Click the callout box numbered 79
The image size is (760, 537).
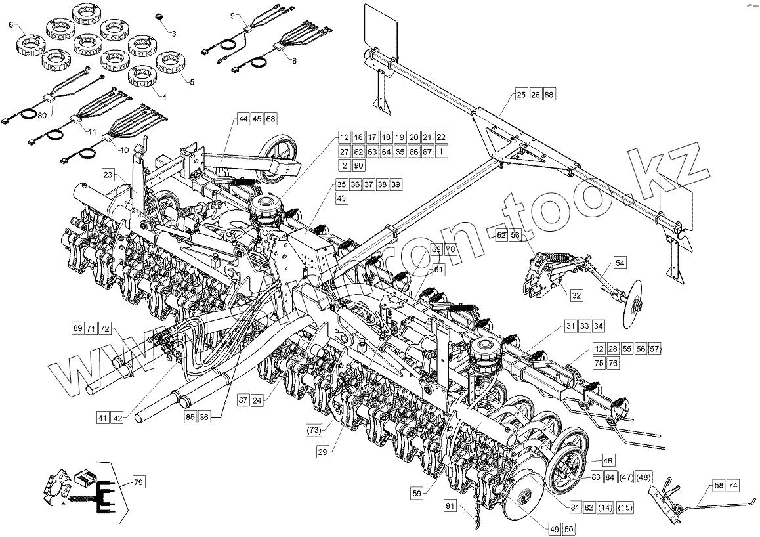click(x=138, y=483)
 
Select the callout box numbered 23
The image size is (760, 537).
click(x=108, y=175)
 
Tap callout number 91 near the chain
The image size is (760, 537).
click(x=450, y=505)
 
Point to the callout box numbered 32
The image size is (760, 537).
click(x=576, y=295)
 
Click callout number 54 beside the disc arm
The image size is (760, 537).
click(x=620, y=263)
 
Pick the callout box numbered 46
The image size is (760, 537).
click(x=607, y=462)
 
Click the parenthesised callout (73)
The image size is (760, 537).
click(x=314, y=430)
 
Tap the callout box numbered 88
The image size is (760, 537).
click(x=549, y=95)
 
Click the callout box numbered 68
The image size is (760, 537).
click(x=271, y=119)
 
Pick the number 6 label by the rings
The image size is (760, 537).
click(x=11, y=25)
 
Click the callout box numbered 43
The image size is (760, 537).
click(x=342, y=198)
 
